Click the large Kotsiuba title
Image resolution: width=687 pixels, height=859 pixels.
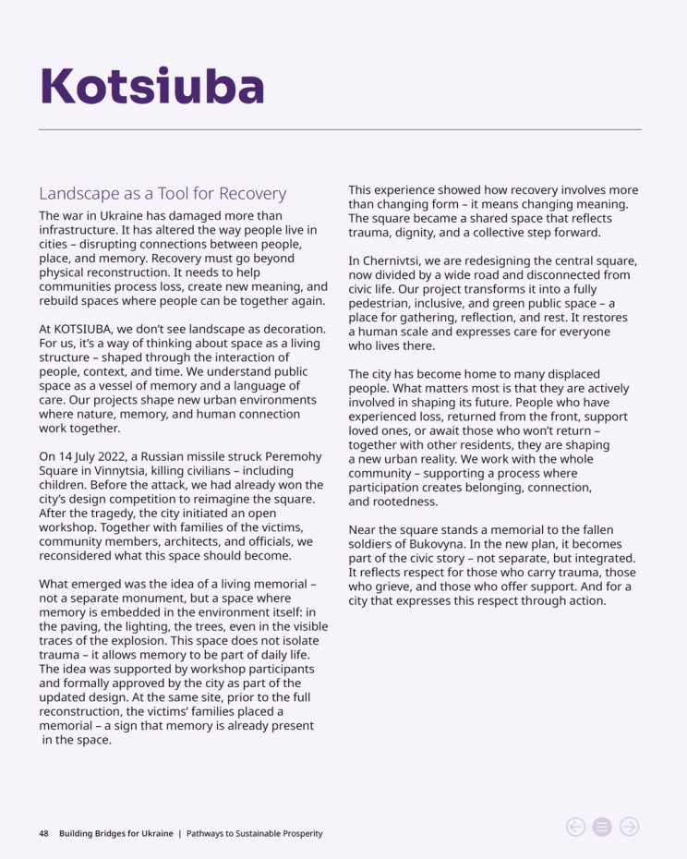(x=152, y=86)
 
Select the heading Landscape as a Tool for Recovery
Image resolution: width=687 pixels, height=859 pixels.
(x=163, y=194)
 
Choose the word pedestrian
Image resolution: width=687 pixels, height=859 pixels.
(x=382, y=304)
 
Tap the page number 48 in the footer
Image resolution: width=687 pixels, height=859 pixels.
(x=43, y=833)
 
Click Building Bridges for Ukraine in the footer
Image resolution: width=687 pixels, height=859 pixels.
(x=115, y=833)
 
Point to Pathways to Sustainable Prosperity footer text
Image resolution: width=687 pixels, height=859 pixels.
(x=255, y=833)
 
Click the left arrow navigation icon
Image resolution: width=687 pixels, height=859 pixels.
(x=575, y=827)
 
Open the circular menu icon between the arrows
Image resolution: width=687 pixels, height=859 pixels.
(x=602, y=827)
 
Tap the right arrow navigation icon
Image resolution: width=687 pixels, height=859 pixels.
(x=629, y=827)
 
